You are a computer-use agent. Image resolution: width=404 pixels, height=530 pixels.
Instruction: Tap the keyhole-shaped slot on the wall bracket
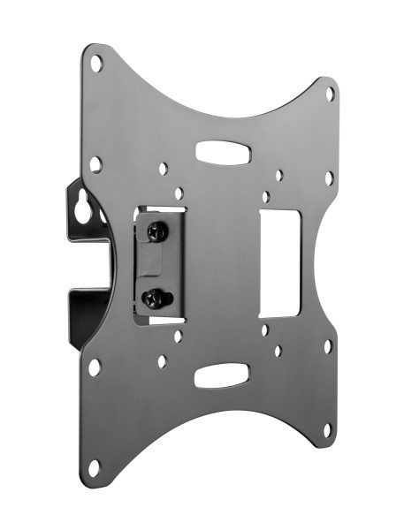click(x=83, y=210)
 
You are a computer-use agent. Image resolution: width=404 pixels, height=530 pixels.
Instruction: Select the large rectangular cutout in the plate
click(x=280, y=263)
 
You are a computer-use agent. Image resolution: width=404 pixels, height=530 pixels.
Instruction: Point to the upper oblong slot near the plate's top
click(x=222, y=153)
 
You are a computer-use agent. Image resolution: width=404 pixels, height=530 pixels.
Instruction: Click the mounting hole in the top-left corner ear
click(x=97, y=64)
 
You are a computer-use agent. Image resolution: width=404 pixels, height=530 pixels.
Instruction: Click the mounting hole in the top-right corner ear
click(x=330, y=93)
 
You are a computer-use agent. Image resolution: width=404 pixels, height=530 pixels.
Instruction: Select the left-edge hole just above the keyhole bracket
click(x=95, y=163)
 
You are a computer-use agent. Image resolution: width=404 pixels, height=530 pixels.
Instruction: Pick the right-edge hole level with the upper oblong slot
click(x=329, y=178)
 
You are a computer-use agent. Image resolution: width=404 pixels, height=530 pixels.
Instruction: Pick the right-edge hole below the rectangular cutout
click(x=327, y=345)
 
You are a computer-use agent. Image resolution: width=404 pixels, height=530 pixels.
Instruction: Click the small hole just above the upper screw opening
click(x=179, y=193)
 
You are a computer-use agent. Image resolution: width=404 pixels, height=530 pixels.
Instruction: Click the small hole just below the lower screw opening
click(x=178, y=336)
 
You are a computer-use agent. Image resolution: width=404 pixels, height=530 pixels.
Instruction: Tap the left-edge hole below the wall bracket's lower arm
click(x=95, y=366)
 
